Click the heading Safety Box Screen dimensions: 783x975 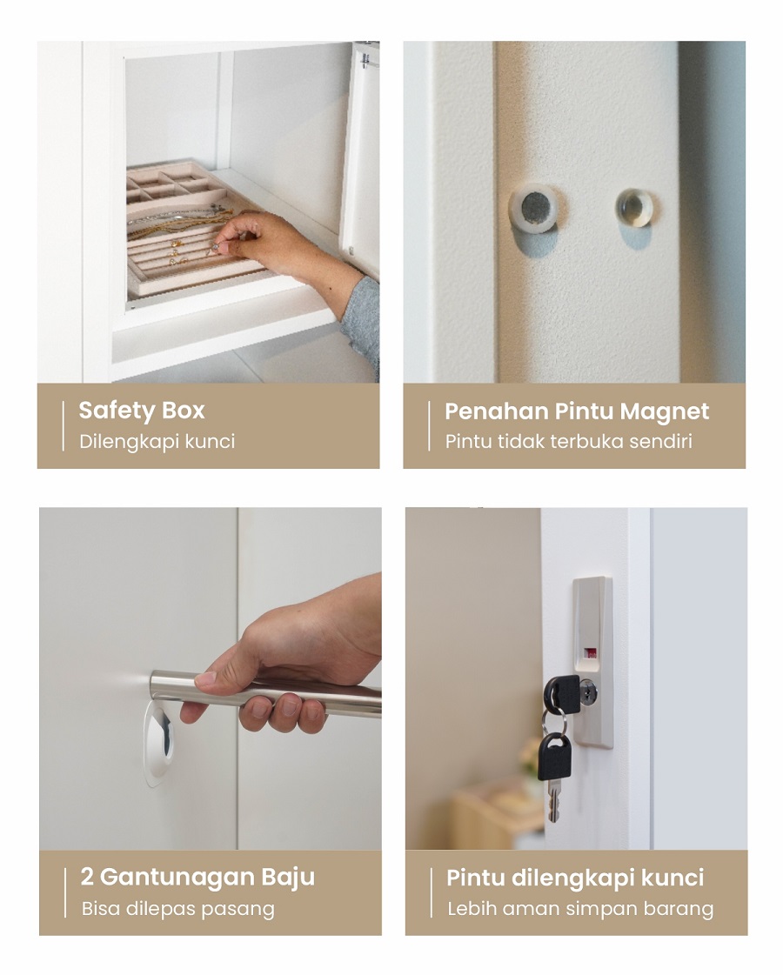click(142, 411)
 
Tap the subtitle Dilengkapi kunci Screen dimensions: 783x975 click(157, 442)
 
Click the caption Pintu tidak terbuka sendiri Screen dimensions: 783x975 click(568, 441)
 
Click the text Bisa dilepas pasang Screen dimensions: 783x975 click(177, 909)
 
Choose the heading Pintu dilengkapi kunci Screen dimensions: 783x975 click(575, 878)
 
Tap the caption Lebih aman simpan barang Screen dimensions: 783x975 click(580, 909)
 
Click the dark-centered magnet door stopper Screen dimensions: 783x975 click(534, 207)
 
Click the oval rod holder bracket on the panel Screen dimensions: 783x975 click(159, 744)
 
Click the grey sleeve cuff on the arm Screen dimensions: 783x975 click(363, 324)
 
